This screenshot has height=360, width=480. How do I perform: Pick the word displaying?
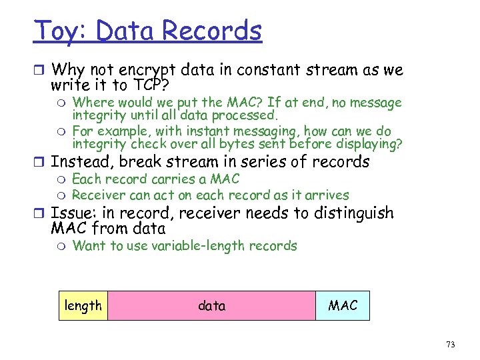click(366, 143)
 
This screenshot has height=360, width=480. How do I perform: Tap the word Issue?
click(74, 214)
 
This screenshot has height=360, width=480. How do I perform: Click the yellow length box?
click(83, 305)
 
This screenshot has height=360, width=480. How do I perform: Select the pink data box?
click(211, 305)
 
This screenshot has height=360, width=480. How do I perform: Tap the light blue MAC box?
click(343, 305)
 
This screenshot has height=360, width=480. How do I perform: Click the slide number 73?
click(451, 345)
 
